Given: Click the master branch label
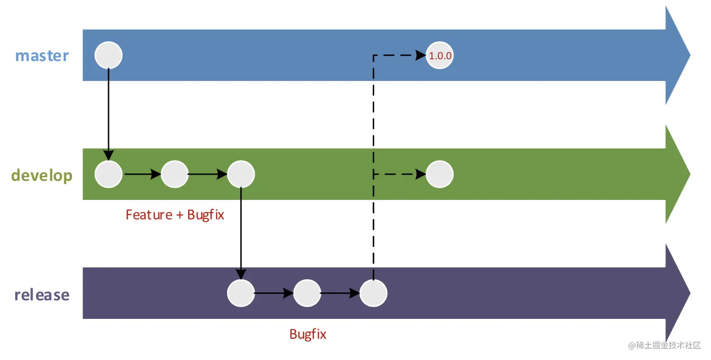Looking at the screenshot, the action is pos(42,56).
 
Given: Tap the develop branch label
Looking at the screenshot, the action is pos(42,175).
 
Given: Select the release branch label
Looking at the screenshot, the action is pos(42,294).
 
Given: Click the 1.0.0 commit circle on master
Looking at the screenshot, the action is pos(440,55).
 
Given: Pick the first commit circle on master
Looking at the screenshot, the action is pos(109,55).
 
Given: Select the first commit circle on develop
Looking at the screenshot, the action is pos(109,174).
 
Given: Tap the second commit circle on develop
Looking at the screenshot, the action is pos(175,174).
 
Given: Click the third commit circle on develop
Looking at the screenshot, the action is pos(241,174).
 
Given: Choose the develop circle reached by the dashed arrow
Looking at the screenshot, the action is pos(440,174).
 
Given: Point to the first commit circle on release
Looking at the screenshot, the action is pos(241,293).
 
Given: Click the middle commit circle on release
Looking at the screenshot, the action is pos(307,293).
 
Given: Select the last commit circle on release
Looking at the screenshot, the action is pos(373,293).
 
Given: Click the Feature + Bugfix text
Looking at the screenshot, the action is pos(175,215).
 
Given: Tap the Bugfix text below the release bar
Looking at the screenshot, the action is pos(308,334).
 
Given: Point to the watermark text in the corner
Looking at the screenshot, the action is pos(664,345).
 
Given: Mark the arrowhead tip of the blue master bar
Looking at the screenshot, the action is pos(690,55).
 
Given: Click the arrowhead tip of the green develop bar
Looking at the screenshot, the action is pos(690,174).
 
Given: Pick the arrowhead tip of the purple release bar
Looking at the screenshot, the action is pos(690,293).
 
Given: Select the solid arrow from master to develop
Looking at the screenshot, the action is pos(109,114).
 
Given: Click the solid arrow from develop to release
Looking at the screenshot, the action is pos(241,234).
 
